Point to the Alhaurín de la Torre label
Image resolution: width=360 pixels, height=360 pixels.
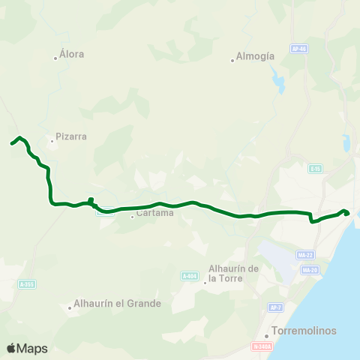click(233, 273)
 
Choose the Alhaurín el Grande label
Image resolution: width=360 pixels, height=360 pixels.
click(116, 304)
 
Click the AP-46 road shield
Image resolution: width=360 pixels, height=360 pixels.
click(299, 49)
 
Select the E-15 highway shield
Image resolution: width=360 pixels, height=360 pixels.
click(315, 169)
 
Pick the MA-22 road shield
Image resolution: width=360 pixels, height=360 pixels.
click(304, 255)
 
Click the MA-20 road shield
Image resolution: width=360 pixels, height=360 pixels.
click(308, 270)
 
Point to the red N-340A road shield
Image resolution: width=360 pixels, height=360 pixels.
click(261, 346)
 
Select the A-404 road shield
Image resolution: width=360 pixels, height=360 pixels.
click(189, 276)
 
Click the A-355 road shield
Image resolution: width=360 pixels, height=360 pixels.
click(27, 283)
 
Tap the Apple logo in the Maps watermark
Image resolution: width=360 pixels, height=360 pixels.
click(11, 348)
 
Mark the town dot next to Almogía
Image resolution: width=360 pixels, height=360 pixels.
click(232, 61)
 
